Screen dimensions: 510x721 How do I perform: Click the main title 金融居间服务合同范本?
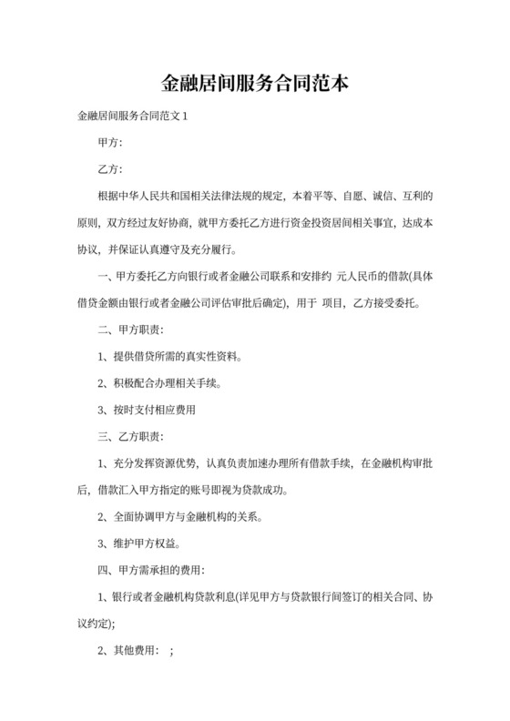(254, 85)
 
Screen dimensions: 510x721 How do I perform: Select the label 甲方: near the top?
(109, 143)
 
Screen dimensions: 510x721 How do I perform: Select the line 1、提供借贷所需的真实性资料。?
(170, 356)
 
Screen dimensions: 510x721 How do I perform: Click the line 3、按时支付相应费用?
(146, 409)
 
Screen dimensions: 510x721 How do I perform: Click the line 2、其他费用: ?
(135, 651)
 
